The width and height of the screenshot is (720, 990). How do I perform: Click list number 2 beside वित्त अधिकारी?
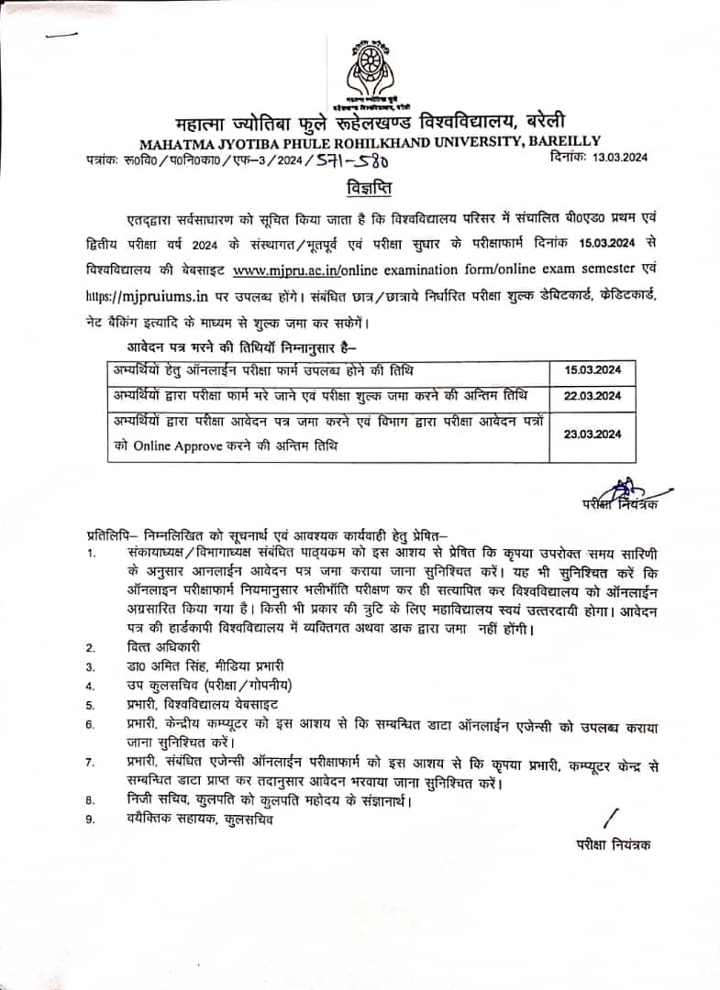pos(90,647)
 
